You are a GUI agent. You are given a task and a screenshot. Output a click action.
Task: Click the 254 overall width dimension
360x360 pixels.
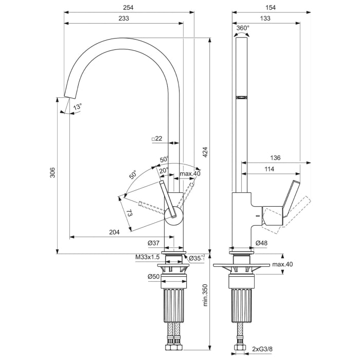point(129,7)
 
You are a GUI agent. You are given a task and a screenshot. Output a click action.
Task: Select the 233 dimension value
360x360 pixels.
point(123,18)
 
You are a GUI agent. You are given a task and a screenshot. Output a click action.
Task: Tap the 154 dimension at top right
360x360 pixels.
point(271,7)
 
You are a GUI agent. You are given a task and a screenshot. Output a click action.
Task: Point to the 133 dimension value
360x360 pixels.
point(266,18)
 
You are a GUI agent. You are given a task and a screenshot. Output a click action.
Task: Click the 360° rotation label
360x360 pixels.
point(243,28)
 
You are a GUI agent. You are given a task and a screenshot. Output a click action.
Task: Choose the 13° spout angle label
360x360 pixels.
point(77,106)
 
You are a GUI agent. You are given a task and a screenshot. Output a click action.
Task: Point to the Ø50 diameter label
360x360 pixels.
point(153,276)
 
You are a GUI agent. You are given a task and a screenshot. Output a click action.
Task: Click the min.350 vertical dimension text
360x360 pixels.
point(205,295)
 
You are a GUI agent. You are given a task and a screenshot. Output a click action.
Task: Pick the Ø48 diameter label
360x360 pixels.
point(261,243)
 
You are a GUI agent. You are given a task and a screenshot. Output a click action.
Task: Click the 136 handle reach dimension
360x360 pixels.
point(275,158)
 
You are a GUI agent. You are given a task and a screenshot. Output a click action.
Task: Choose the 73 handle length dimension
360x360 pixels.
point(129,213)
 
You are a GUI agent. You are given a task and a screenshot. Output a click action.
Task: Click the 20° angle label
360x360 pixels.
point(163,170)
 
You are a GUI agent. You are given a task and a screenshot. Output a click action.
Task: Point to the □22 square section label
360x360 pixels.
point(157,139)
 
